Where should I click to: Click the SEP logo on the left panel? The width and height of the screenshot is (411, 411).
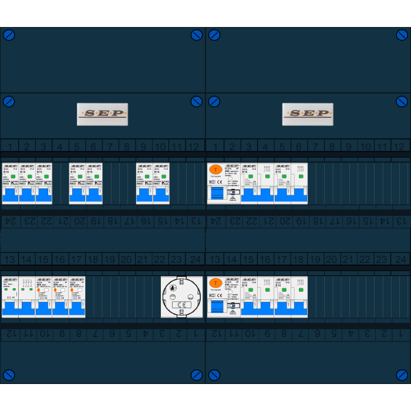(102, 114)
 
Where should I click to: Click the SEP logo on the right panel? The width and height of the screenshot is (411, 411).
(308, 114)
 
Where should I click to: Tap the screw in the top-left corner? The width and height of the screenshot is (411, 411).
(9, 35)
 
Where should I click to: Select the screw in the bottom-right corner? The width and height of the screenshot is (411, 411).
(402, 375)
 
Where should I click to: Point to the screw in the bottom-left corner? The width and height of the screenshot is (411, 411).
(9, 375)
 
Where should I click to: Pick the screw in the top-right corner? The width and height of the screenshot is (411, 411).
(402, 35)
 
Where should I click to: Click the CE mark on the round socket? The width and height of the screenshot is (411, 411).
(181, 305)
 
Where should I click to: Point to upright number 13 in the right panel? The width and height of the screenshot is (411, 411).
(215, 259)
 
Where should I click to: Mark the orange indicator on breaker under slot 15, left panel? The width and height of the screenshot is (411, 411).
(39, 290)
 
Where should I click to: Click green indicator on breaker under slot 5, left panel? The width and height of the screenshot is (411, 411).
(78, 176)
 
